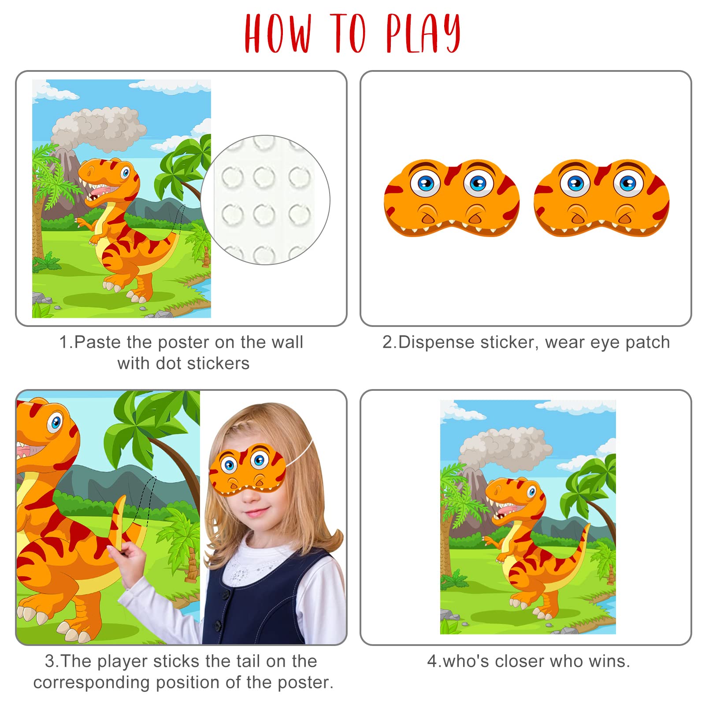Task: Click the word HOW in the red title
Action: coord(278,33)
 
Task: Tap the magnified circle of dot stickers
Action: coord(265,200)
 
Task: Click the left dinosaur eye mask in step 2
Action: coord(452,198)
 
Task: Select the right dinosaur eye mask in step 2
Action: coord(601,198)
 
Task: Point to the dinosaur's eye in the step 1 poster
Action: coord(126,171)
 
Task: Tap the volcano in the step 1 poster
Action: coord(62,176)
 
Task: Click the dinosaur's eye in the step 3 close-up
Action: coord(55,423)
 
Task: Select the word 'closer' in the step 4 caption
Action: coord(519,661)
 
